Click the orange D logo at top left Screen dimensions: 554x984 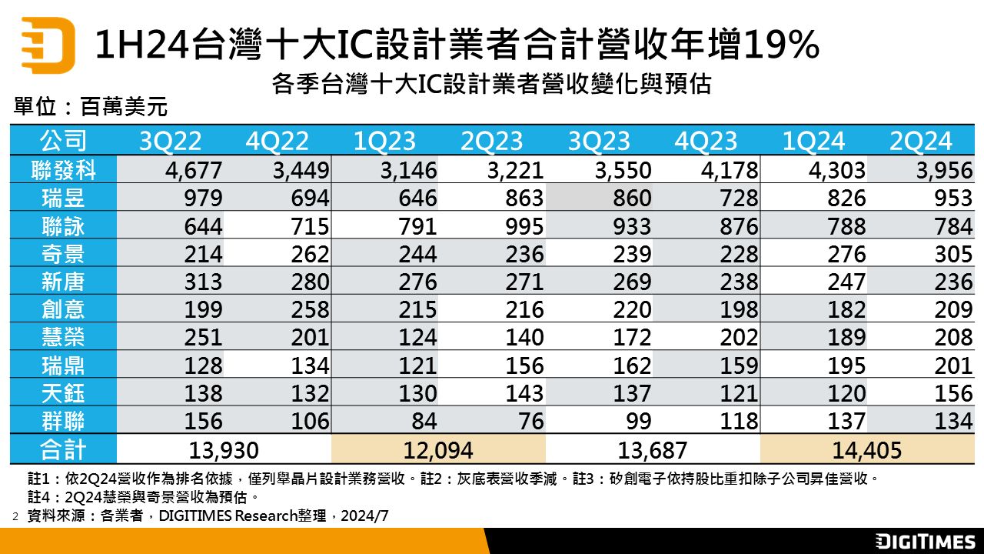(x=48, y=45)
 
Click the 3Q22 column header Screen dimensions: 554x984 (x=170, y=141)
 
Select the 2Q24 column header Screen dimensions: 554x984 (x=920, y=141)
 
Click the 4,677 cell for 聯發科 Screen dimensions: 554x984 (x=193, y=170)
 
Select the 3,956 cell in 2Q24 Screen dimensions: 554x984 (x=943, y=170)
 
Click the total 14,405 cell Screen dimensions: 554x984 (x=866, y=450)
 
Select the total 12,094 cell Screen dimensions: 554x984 (x=438, y=450)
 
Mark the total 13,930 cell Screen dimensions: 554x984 (x=224, y=450)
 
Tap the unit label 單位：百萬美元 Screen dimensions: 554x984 (x=91, y=107)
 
